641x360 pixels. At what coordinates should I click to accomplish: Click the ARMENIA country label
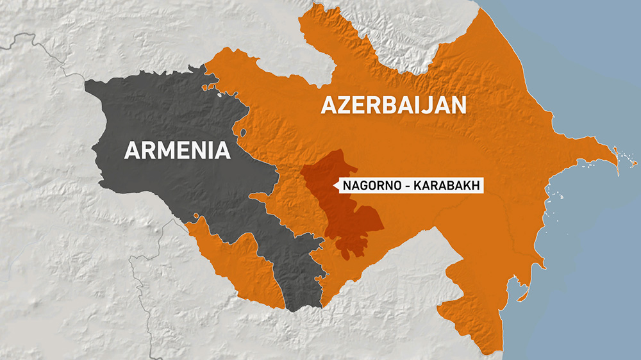coord(177,150)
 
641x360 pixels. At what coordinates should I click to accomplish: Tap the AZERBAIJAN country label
coord(394,105)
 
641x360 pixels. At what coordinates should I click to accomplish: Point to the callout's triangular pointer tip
coord(334,186)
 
